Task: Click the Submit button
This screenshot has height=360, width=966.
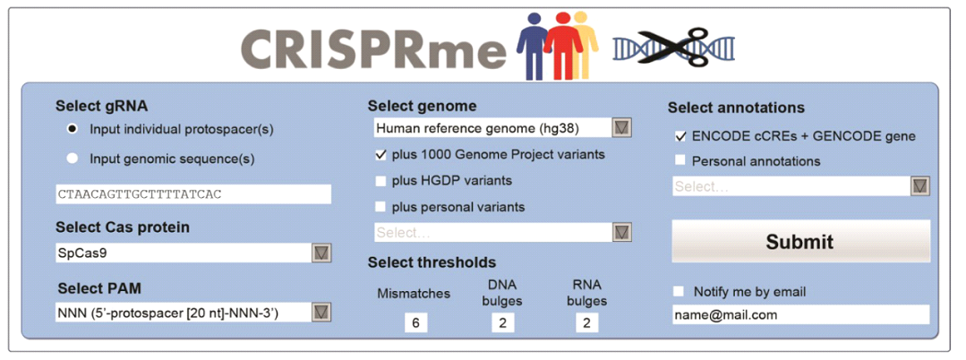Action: (x=800, y=241)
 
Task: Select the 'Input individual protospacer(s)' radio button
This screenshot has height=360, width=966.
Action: (x=73, y=130)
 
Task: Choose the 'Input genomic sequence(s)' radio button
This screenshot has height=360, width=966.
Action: (x=73, y=159)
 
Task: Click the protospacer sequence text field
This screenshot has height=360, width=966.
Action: (x=192, y=194)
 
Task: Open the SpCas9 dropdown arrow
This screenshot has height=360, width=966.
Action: (x=321, y=253)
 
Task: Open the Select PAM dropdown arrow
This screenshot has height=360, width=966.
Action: (x=321, y=312)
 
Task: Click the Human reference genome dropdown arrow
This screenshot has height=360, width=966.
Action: (x=622, y=127)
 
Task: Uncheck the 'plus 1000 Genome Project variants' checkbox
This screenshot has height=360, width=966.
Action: (x=380, y=155)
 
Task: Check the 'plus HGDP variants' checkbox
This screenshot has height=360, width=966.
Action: (x=380, y=181)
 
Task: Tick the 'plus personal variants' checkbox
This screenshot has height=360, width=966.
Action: (x=380, y=207)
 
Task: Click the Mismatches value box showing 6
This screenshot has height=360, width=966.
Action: (x=415, y=322)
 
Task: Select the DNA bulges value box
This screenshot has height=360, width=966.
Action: (x=503, y=322)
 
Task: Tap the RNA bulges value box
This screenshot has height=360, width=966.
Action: (x=586, y=322)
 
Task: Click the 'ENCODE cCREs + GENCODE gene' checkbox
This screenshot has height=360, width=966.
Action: (x=680, y=136)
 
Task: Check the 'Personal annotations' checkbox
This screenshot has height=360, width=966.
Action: (x=680, y=161)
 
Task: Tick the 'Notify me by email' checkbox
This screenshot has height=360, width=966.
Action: (x=679, y=291)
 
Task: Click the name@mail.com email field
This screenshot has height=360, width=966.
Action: (x=800, y=315)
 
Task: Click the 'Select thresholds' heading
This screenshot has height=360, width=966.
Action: (x=432, y=262)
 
